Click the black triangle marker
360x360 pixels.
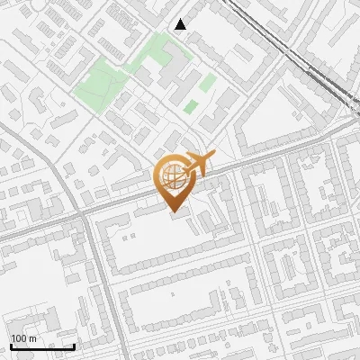(181, 24)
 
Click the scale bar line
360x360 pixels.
(41, 346)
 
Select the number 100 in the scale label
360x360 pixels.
(19, 338)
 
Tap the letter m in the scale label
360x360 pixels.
(32, 338)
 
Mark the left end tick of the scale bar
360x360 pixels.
(10, 345)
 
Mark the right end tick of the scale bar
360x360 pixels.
(74, 345)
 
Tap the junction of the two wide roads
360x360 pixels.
(90, 214)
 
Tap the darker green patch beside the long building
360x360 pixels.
(190, 106)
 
